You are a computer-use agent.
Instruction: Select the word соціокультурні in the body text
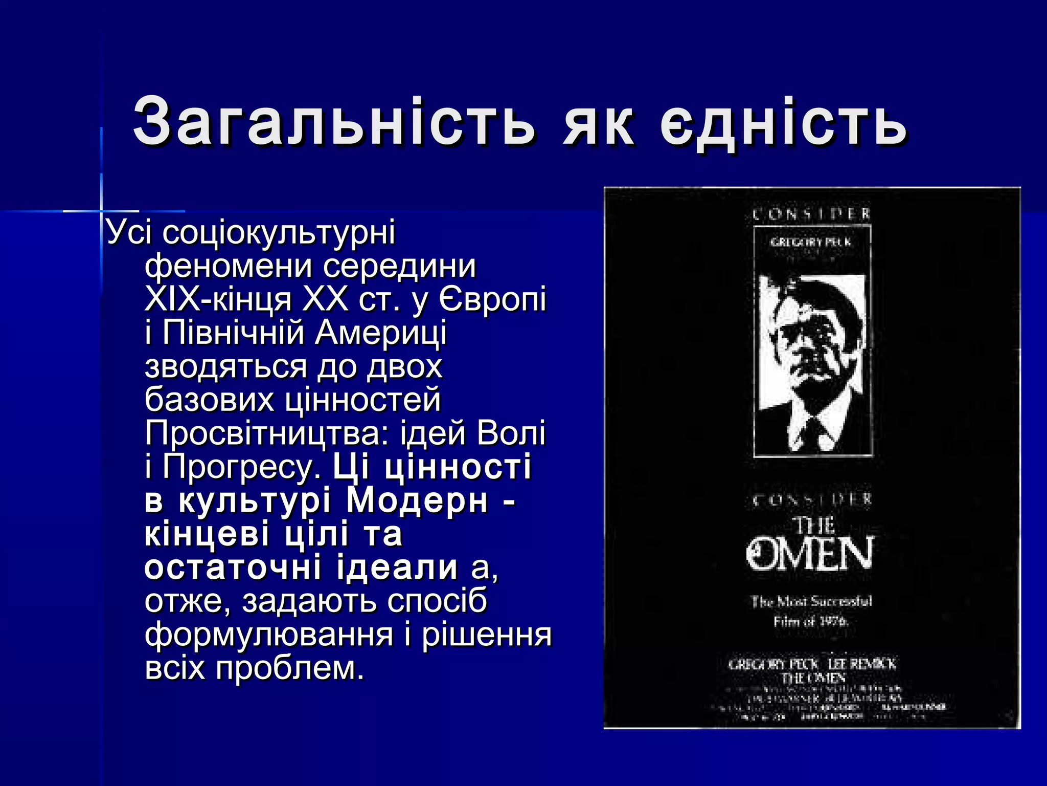[x=279, y=233]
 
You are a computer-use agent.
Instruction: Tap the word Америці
[x=380, y=333]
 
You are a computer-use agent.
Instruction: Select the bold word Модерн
[x=417, y=500]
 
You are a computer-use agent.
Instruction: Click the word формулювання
[x=269, y=635]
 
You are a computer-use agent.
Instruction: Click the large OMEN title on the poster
[x=811, y=554]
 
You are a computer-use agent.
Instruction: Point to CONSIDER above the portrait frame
[x=812, y=214]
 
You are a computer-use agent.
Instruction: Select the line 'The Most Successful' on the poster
[x=811, y=601]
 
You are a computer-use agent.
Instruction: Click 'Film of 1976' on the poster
[x=811, y=622]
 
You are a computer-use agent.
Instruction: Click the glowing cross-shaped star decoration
[x=101, y=210]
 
